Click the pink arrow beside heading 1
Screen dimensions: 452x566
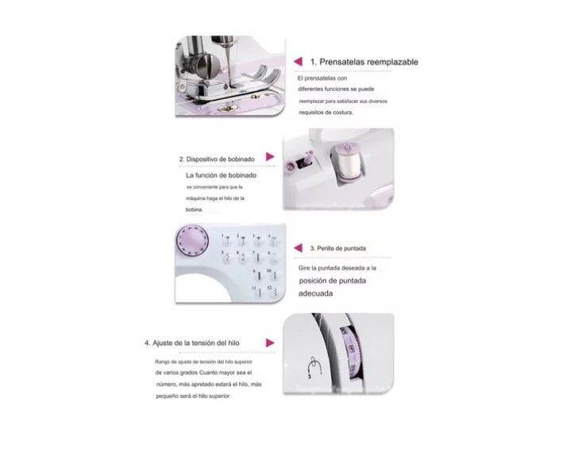tap(298, 61)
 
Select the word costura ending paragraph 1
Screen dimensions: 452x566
tap(338, 113)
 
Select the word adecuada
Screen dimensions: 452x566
tap(316, 293)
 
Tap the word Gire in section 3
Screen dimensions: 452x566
tap(306, 268)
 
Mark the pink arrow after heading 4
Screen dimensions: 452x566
tap(269, 343)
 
